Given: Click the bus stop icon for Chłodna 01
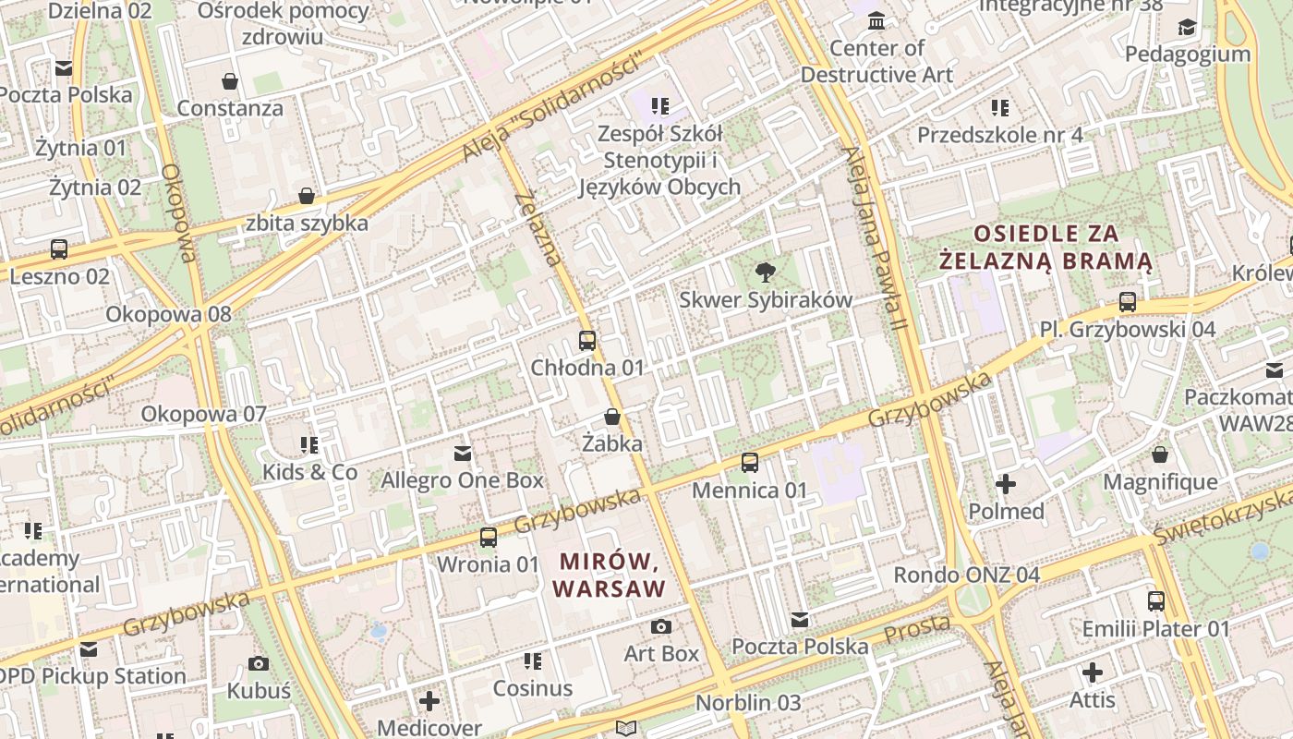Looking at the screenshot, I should coord(587,340).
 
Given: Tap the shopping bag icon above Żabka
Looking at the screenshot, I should coord(611,417).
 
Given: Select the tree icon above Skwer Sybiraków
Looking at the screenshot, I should coord(765,272).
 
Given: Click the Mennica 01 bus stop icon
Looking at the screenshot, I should coord(750,462).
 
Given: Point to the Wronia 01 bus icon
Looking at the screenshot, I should coord(488,537).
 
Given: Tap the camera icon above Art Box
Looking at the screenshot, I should coord(661,627).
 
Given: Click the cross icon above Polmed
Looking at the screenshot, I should coord(1006,483).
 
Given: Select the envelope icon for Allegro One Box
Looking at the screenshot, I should coord(463,454).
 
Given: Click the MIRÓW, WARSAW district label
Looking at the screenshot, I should coord(610,575).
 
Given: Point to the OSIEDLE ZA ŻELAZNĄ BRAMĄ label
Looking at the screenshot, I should coord(1045,248).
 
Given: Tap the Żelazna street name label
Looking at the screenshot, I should coord(538,228).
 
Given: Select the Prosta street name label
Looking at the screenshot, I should coord(917,630).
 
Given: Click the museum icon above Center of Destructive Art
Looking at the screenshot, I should coord(876,20).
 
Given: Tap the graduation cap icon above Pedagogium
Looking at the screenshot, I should coord(1187,28).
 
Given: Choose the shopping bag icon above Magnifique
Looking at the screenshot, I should coord(1160,454).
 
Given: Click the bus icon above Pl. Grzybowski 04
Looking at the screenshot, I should coord(1127,302).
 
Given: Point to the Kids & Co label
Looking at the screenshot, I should coord(310,472).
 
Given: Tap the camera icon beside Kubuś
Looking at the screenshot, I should coord(259,663).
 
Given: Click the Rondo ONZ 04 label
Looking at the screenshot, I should coord(966,575).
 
